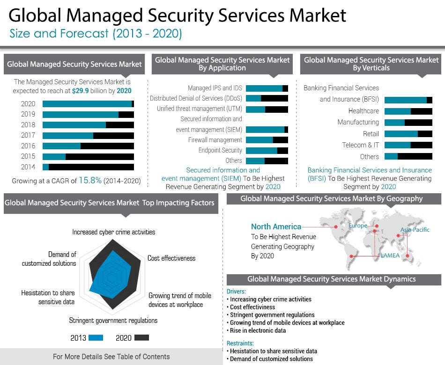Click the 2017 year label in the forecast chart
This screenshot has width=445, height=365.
click(28, 135)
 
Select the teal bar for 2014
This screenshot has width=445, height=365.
click(45, 167)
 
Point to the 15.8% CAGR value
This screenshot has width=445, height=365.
click(90, 180)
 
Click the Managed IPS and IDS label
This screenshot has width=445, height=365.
click(215, 88)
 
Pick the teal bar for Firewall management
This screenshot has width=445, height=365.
click(259, 140)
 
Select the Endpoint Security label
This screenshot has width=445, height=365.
click(220, 150)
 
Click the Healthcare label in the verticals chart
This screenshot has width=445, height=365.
click(363, 111)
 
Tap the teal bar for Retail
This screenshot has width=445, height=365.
click(401, 134)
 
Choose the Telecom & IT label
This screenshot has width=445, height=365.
click(360, 145)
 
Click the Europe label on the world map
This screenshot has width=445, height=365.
click(357, 226)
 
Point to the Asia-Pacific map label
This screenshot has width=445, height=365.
click(415, 230)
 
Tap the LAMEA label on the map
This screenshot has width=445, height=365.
click(390, 255)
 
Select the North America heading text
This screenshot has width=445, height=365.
click(276, 227)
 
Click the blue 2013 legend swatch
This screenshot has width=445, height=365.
click(96, 337)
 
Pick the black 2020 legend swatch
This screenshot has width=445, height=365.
click(141, 337)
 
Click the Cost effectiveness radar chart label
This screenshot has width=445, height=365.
click(171, 258)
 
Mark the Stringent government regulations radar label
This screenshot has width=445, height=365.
click(113, 321)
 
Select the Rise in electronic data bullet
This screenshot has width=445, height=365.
click(258, 330)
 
